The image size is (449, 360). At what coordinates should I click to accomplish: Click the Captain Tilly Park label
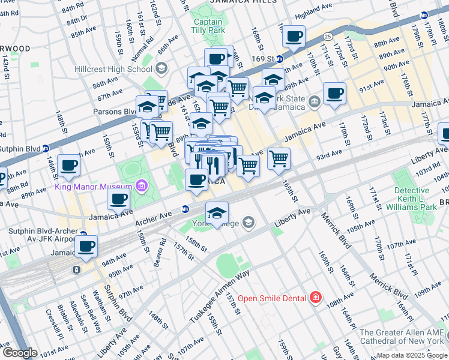coord(208,26)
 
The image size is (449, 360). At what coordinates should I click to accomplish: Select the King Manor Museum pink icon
coord(141,185)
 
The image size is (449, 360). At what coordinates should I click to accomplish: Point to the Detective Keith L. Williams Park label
coord(416,199)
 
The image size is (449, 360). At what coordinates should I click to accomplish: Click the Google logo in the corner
coord(19,353)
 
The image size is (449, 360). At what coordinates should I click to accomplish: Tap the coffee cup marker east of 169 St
coord(294,37)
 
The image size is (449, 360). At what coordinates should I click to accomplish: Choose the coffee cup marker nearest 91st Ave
coord(334,93)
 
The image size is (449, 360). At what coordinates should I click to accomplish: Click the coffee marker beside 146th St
coord(68,165)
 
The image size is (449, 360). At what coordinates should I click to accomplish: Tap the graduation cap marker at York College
coord(217,212)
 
